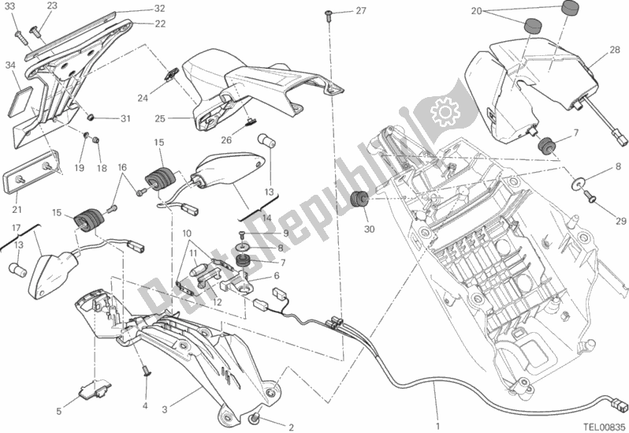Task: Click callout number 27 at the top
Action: pyautogui.click(x=360, y=11)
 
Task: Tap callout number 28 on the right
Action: pyautogui.click(x=614, y=51)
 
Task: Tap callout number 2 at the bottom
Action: pyautogui.click(x=291, y=427)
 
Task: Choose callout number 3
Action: pyautogui.click(x=164, y=387)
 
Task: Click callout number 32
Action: pyautogui.click(x=159, y=9)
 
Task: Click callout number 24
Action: pyautogui.click(x=142, y=99)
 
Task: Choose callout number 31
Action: pyautogui.click(x=125, y=119)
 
